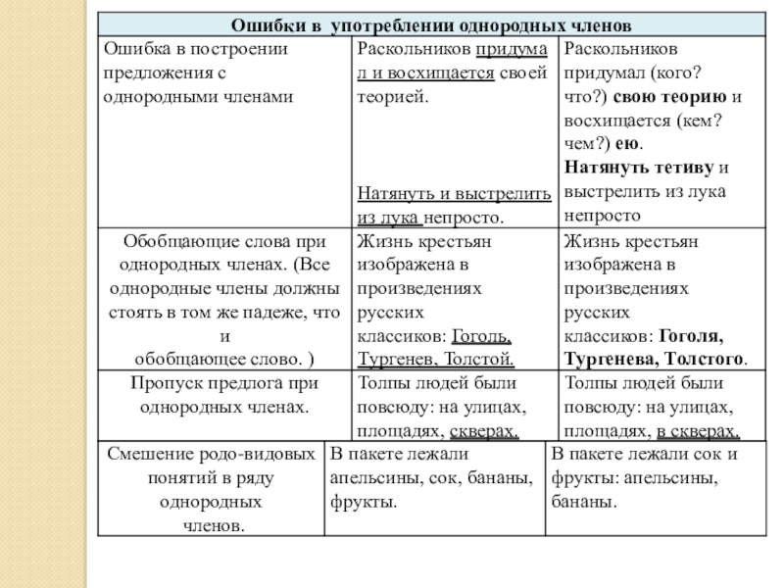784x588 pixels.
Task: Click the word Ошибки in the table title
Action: click(264, 24)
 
